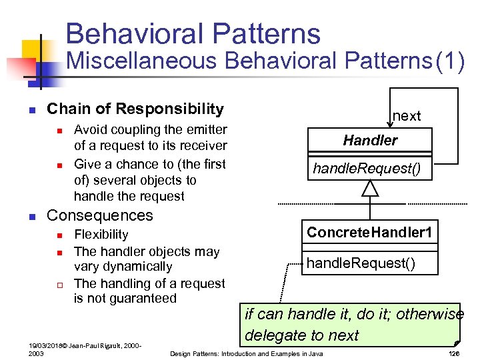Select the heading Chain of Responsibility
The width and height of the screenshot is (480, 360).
(x=135, y=109)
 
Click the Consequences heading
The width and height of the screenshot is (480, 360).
(x=99, y=215)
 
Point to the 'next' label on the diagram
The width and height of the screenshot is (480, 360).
(x=407, y=116)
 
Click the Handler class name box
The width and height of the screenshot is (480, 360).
(x=370, y=140)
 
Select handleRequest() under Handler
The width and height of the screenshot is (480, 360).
(x=367, y=169)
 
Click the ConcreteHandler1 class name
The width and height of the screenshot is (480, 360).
(x=369, y=233)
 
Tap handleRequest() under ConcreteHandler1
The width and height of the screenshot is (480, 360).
(x=360, y=263)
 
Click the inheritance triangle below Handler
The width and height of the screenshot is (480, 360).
(x=370, y=188)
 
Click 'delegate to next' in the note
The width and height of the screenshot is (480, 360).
(x=302, y=335)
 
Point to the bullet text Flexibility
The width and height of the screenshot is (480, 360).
(x=101, y=234)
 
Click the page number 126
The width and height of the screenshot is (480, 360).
(x=454, y=353)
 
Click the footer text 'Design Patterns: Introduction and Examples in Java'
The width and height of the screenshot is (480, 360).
(x=246, y=353)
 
